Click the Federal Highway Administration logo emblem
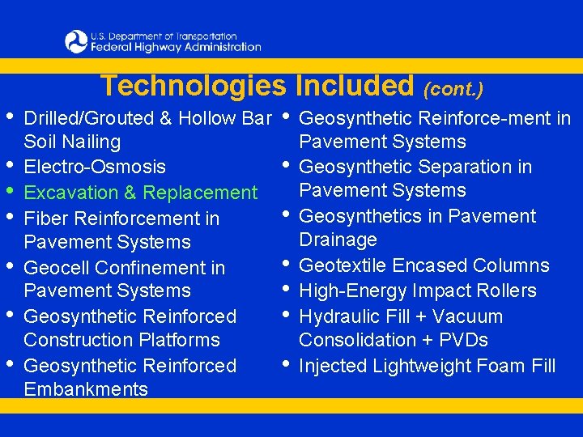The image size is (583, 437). [x=76, y=41]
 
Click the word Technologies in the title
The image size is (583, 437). [x=194, y=86]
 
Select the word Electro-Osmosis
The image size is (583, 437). [x=95, y=168]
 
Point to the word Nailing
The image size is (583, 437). [x=95, y=142]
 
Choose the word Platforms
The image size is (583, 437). [x=174, y=340]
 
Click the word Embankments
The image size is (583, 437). [x=86, y=389]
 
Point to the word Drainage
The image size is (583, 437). [x=338, y=240]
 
